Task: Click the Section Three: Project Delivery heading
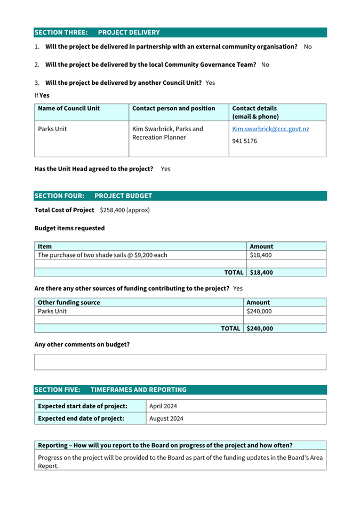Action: tap(97, 33)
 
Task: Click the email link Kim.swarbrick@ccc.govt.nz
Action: tap(270, 129)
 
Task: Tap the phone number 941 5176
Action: tap(245, 142)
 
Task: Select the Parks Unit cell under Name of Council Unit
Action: tap(52, 129)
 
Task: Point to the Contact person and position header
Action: tap(173, 108)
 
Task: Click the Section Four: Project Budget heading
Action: tap(93, 196)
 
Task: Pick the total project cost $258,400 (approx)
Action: tap(124, 210)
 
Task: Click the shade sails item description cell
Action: tap(102, 255)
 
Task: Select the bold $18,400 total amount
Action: tap(261, 272)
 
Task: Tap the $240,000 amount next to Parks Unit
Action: tap(259, 311)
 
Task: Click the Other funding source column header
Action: tap(69, 302)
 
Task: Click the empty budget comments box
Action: tap(180, 362)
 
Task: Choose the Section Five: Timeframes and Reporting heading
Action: tap(110, 390)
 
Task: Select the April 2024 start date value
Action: tap(163, 406)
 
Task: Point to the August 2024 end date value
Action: tap(166, 418)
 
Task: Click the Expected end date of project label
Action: tap(81, 418)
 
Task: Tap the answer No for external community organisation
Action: tap(308, 47)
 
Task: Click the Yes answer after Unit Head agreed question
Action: tap(165, 168)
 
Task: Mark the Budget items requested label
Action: tap(69, 228)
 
